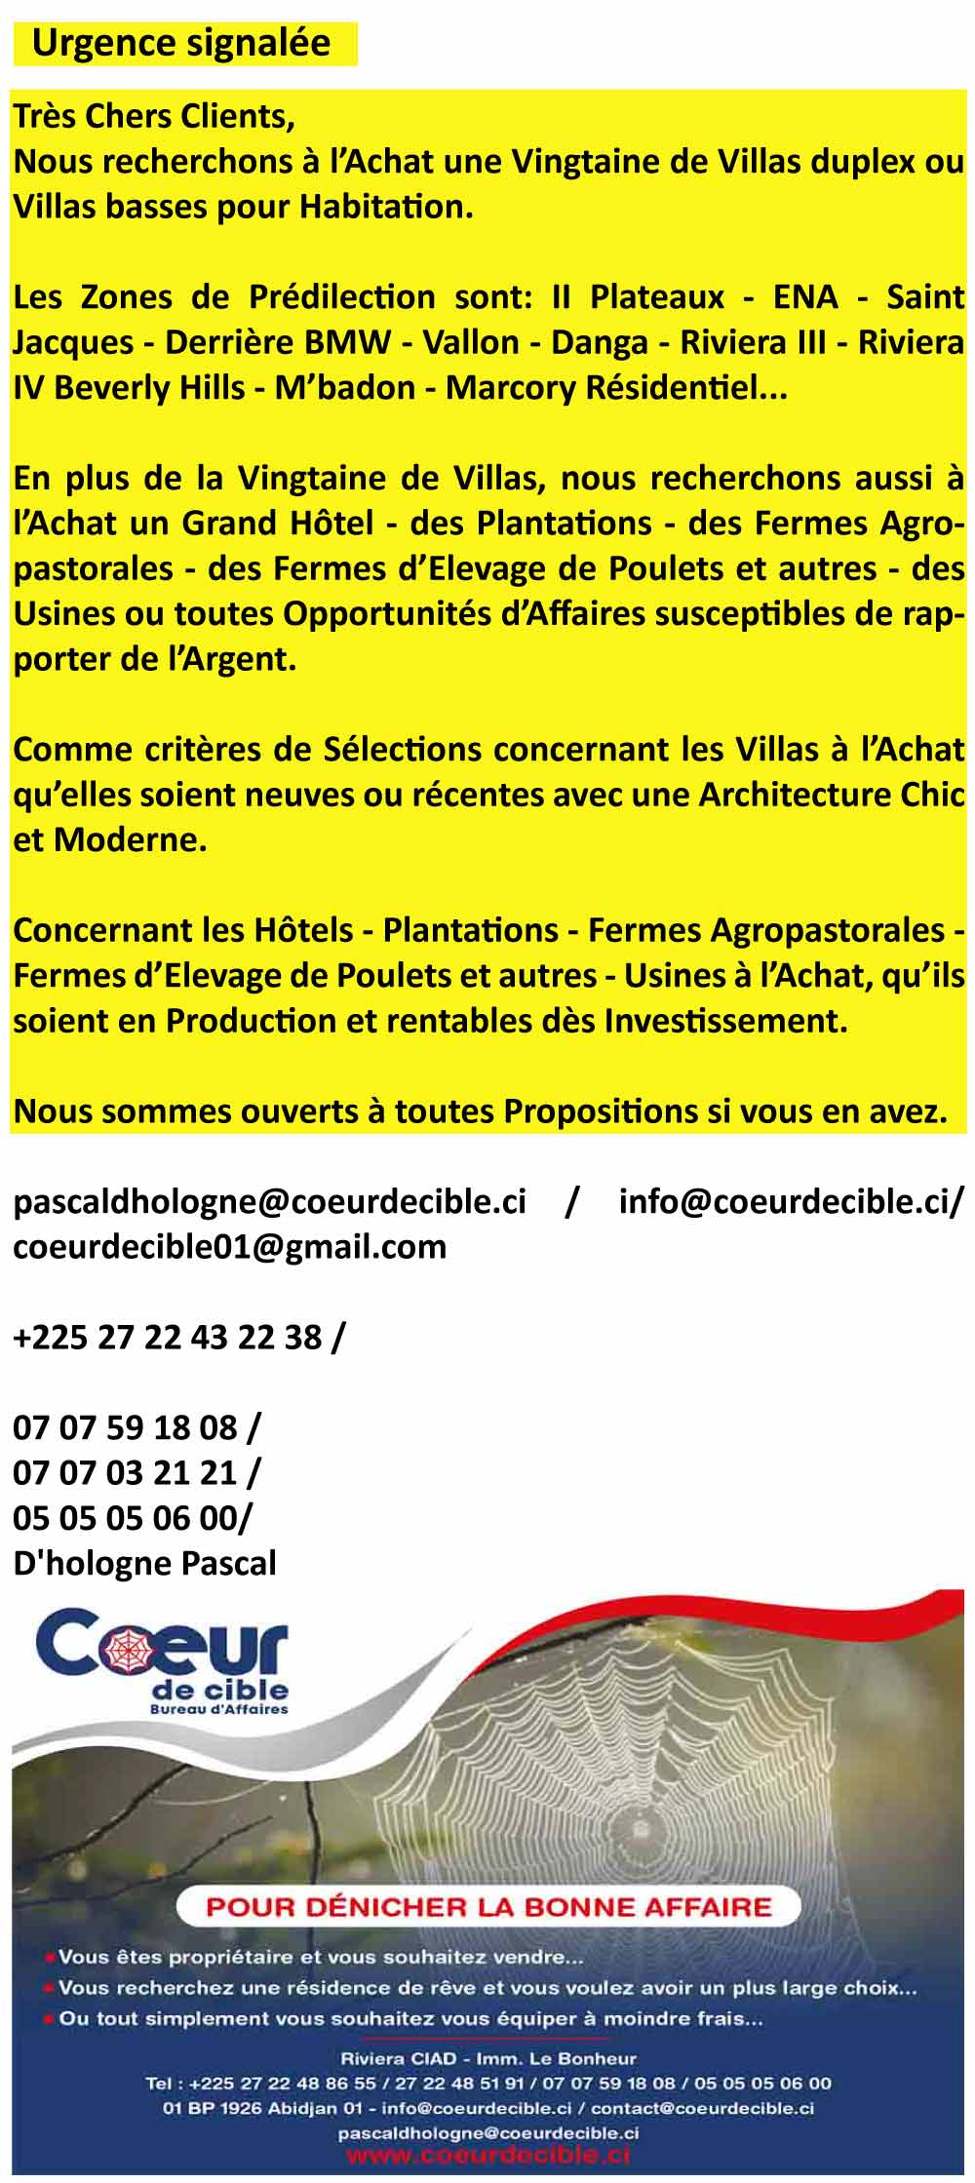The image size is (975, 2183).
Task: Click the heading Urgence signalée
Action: tap(181, 44)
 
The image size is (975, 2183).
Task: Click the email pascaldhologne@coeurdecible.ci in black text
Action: tap(270, 1201)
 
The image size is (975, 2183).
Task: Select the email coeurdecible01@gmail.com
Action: tap(229, 1246)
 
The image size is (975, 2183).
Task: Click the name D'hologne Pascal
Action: tap(144, 1563)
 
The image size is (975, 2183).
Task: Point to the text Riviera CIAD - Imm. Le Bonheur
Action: tap(488, 2059)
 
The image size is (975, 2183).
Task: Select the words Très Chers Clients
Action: tap(153, 116)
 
